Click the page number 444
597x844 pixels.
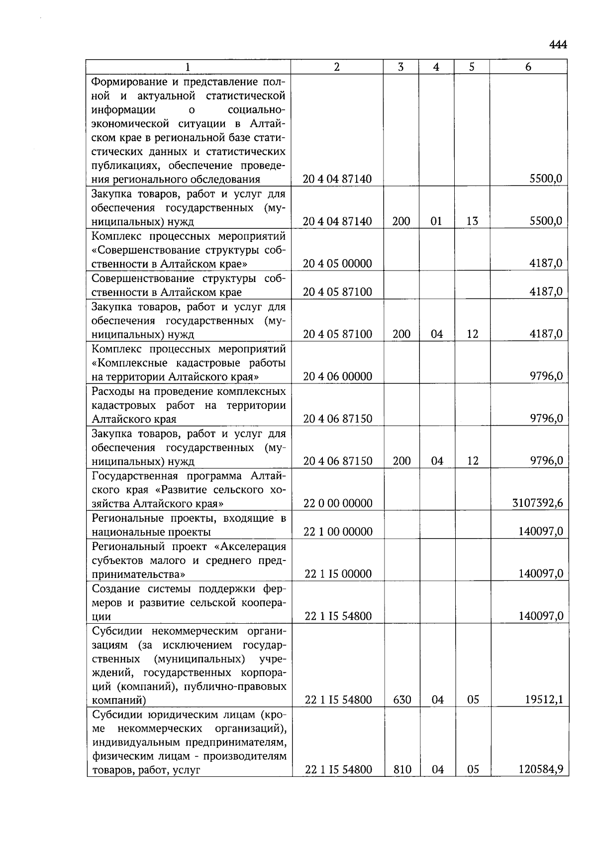pyautogui.click(x=558, y=45)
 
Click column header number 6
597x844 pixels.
pyautogui.click(x=528, y=67)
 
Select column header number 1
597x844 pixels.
pyautogui.click(x=188, y=67)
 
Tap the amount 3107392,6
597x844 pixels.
pyautogui.click(x=537, y=503)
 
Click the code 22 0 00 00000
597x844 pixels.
pyautogui.click(x=338, y=503)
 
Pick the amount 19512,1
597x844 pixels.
pyautogui.click(x=544, y=700)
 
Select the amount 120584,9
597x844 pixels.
pyautogui.click(x=541, y=770)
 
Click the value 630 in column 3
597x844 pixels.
pyautogui.click(x=401, y=700)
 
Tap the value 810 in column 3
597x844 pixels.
pyautogui.click(x=401, y=770)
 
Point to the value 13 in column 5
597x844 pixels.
pyautogui.click(x=472, y=221)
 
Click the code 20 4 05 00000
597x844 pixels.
pyautogui.click(x=337, y=264)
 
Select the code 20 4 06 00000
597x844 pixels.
pyautogui.click(x=337, y=376)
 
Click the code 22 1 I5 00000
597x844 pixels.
pyautogui.click(x=338, y=574)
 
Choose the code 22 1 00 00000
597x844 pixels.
pyautogui.click(x=338, y=532)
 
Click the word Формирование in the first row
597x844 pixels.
pyautogui.click(x=127, y=82)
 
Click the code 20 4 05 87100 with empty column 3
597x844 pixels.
pyautogui.click(x=337, y=292)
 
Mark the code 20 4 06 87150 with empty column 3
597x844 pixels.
pyautogui.click(x=337, y=419)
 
